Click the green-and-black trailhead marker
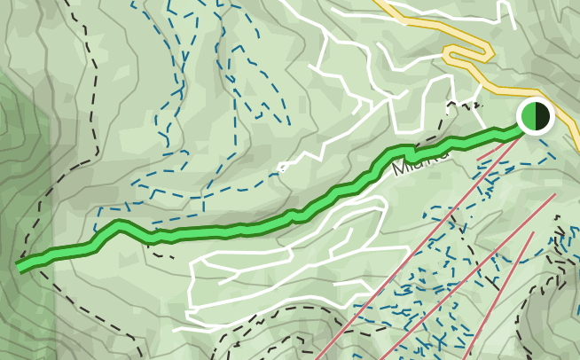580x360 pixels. [536, 116]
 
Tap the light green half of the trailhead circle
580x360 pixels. [529, 116]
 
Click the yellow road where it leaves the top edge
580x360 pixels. [380, 3]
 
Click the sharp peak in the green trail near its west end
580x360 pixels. [117, 225]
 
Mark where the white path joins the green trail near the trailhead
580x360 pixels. [410, 149]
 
